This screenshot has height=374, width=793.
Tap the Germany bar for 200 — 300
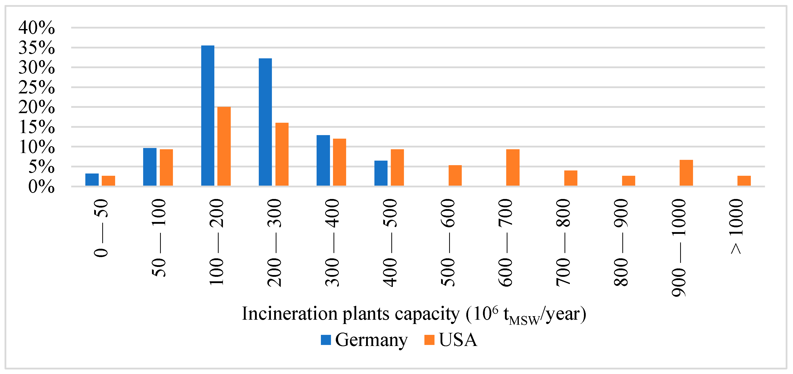click(x=265, y=122)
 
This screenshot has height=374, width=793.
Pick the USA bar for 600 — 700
click(x=513, y=167)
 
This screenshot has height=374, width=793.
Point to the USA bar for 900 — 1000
click(x=686, y=173)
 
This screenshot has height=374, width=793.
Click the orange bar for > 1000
click(x=744, y=181)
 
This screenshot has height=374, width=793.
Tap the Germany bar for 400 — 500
click(x=381, y=173)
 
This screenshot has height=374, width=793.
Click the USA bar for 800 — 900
click(x=628, y=181)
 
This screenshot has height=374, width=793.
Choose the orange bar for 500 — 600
click(x=455, y=176)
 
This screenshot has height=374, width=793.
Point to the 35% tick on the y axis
click(x=37, y=48)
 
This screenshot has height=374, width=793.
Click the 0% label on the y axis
click(x=41, y=187)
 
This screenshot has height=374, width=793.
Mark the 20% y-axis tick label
click(x=37, y=107)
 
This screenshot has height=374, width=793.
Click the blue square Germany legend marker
click(x=326, y=340)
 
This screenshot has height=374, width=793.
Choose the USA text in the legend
click(x=457, y=340)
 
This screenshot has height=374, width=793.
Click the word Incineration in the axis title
click(x=289, y=314)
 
